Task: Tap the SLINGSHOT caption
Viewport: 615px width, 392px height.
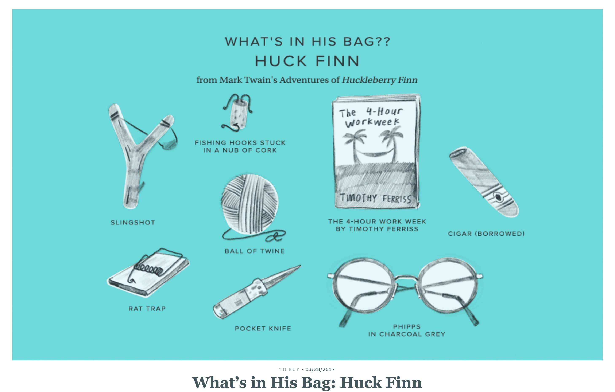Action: (133, 223)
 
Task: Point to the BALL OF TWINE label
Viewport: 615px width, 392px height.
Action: (254, 251)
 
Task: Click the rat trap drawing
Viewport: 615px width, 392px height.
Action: (148, 273)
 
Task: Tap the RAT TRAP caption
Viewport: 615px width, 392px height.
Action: (147, 309)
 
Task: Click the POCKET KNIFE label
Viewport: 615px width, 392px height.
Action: (263, 328)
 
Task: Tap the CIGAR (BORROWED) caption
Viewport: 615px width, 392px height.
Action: (486, 234)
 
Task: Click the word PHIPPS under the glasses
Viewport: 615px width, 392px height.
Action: (407, 327)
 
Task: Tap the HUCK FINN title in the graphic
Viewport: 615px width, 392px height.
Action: (307, 61)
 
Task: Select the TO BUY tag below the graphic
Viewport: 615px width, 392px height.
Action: (289, 369)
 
